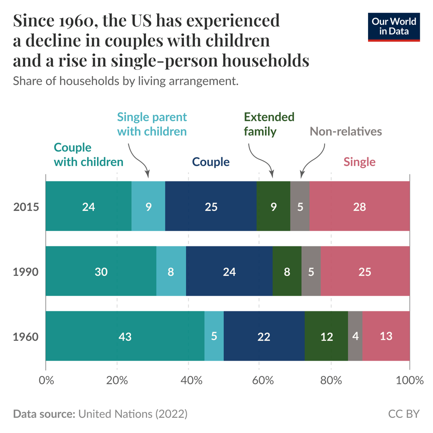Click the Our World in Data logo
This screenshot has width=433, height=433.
click(394, 27)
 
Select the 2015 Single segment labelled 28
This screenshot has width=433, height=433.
click(359, 207)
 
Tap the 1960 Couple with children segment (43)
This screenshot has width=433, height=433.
click(125, 336)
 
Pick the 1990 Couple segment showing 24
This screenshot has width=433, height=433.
click(229, 272)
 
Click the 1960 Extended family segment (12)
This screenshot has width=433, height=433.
click(326, 336)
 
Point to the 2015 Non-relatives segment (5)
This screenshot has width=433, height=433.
click(300, 207)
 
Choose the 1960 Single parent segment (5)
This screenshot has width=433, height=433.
click(214, 336)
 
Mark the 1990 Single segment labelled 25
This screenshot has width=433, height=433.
click(365, 272)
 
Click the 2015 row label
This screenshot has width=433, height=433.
click(26, 207)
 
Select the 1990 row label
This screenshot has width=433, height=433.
click(26, 272)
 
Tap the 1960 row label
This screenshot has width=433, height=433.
click(26, 336)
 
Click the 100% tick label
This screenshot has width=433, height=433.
click(409, 381)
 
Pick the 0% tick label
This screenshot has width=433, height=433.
click(46, 381)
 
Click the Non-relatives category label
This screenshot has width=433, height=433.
click(346, 131)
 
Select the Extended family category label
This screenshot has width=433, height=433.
click(269, 124)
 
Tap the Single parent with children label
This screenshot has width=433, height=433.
click(152, 124)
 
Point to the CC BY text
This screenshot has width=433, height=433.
click(404, 414)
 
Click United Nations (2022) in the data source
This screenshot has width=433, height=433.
click(132, 414)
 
